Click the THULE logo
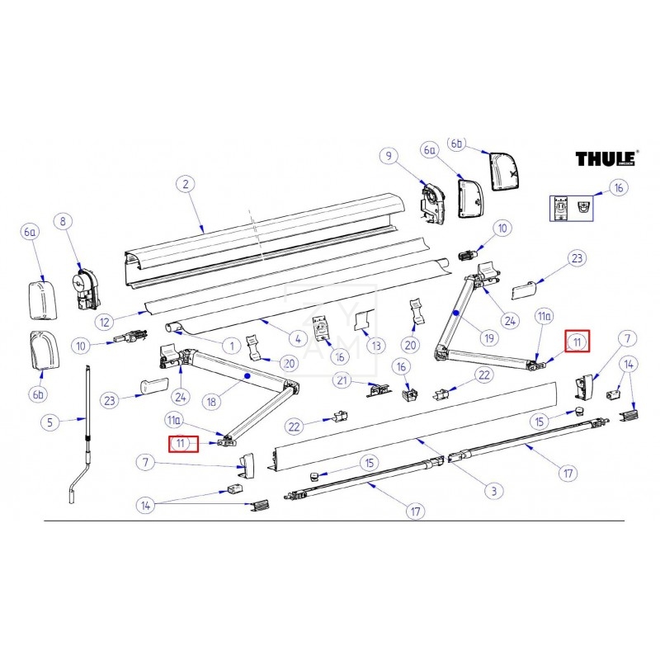click(605, 158)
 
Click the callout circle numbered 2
click(186, 184)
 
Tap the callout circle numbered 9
click(389, 156)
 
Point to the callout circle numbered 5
click(50, 423)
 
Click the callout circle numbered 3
click(493, 491)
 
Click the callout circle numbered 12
click(102, 320)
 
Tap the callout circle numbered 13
click(376, 345)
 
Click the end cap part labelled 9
click(434, 200)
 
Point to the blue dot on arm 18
click(247, 375)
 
